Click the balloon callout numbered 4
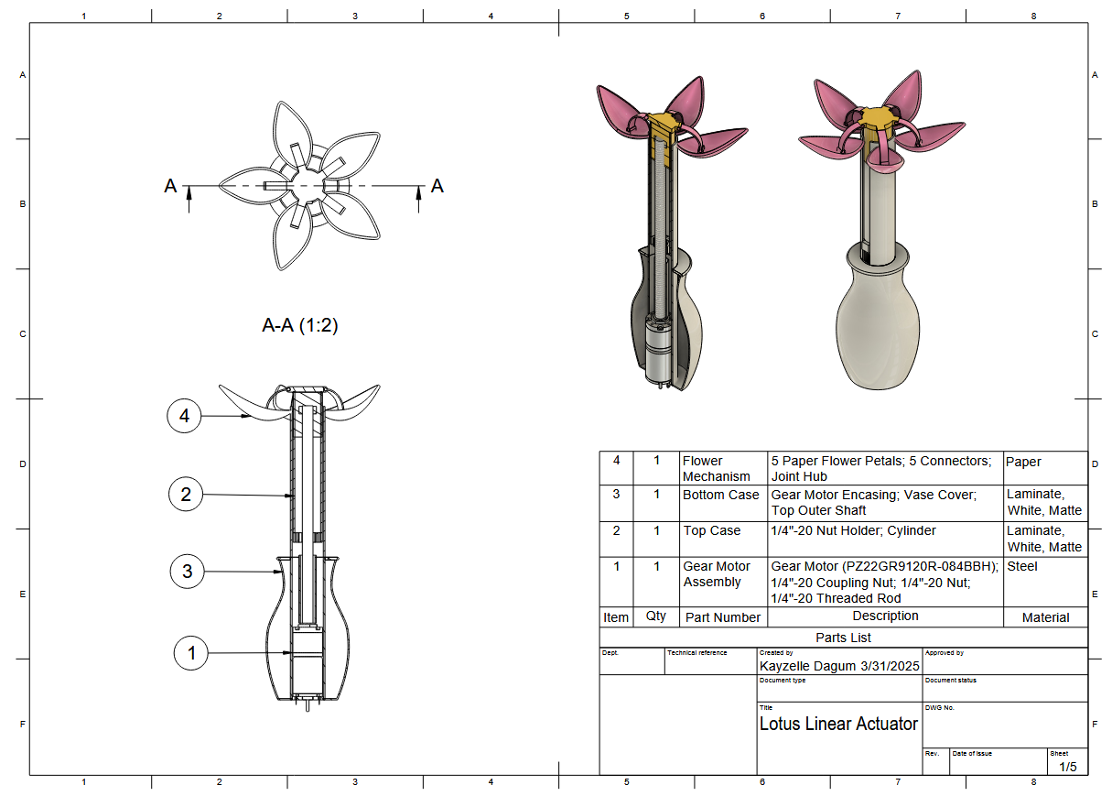[185, 416]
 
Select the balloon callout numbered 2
[187, 495]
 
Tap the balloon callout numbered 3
[188, 572]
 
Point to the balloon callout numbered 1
[191, 653]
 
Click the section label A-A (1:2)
[300, 325]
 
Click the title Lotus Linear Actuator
[838, 725]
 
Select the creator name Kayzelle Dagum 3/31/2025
[839, 666]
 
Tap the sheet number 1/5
[1068, 766]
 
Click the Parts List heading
[843, 638]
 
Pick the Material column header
[1045, 617]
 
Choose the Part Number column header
[723, 617]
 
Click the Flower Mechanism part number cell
[717, 469]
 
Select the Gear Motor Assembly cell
[717, 574]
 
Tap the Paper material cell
[1023, 462]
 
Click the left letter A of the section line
[170, 187]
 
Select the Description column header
[885, 616]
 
